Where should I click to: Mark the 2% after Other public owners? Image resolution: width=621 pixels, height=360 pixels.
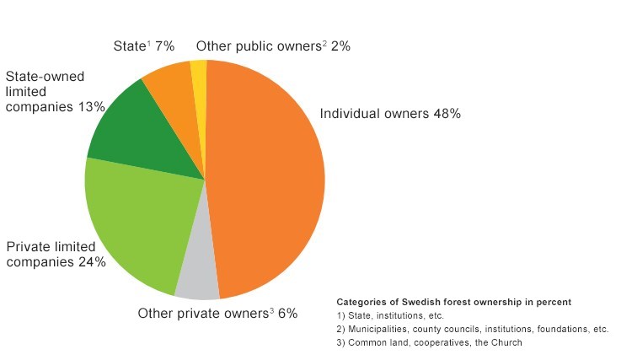(340, 46)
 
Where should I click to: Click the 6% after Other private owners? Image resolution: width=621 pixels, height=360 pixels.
(287, 314)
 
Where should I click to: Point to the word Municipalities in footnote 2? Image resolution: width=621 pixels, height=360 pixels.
(383, 330)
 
